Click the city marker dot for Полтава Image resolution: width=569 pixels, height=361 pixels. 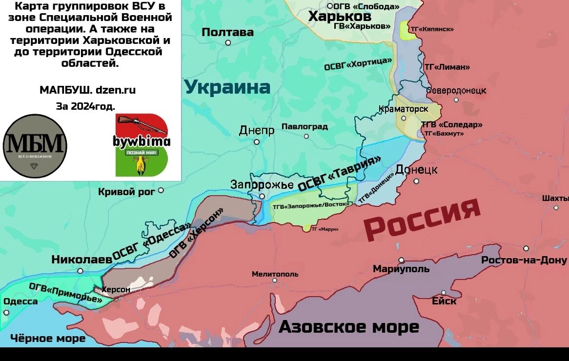(x=228, y=43)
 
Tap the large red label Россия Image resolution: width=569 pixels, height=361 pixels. (x=423, y=219)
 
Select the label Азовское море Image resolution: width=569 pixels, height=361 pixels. (x=348, y=327)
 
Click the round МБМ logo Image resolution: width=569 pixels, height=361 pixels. (x=35, y=146)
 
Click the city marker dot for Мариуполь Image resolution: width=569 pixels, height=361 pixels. (x=401, y=260)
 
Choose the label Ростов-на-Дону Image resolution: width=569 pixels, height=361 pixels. (x=524, y=260)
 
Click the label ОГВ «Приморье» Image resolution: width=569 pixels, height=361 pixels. (x=65, y=293)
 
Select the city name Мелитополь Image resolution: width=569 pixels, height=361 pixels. (x=275, y=274)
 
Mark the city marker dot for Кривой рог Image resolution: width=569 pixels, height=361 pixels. (x=161, y=190)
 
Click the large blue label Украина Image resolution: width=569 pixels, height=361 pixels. (x=227, y=87)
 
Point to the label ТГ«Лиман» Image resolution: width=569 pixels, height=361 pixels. (x=447, y=67)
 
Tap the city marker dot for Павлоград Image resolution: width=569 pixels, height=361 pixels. (x=306, y=136)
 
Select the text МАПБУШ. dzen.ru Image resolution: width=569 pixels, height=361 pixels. (x=87, y=90)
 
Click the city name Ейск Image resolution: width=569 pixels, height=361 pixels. (x=444, y=301)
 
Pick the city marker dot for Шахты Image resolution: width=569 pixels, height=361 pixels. (x=556, y=207)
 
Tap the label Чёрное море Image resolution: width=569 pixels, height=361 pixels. (x=48, y=338)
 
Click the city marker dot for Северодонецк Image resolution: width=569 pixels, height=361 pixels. (x=456, y=100)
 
